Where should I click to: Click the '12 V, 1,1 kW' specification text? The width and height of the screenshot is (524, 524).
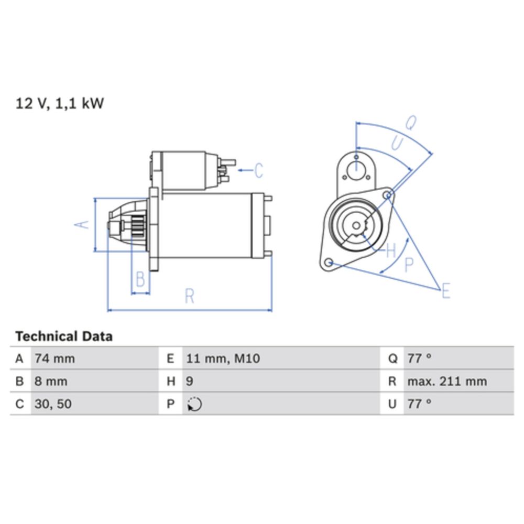click(x=60, y=104)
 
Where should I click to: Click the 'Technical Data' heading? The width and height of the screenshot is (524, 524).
click(x=64, y=336)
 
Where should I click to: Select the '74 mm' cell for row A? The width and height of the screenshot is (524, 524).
click(x=54, y=359)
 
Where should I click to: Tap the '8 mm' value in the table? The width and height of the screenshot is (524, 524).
click(x=51, y=381)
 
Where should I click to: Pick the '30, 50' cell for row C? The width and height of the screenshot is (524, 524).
click(x=53, y=404)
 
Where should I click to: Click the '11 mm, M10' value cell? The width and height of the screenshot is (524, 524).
click(x=223, y=359)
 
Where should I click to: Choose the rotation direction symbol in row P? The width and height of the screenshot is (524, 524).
click(x=194, y=405)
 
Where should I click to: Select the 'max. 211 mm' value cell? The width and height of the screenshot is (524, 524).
click(x=446, y=381)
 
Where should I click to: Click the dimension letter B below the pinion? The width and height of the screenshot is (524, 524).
click(x=140, y=279)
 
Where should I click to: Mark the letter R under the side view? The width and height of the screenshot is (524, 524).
click(x=189, y=296)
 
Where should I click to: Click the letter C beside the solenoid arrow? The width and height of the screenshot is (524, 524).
click(x=258, y=170)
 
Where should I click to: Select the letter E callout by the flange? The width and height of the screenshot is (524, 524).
click(x=445, y=290)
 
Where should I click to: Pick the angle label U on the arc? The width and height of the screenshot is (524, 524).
click(x=398, y=143)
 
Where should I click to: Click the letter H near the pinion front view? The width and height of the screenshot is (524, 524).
click(x=390, y=251)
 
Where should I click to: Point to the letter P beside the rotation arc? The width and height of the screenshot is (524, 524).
click(x=409, y=265)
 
